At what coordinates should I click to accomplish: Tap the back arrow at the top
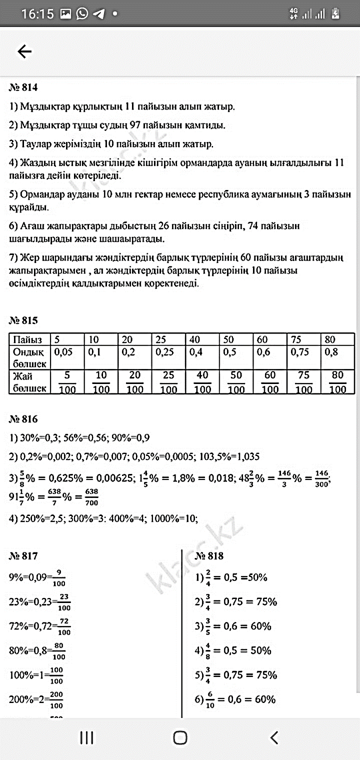(24, 51)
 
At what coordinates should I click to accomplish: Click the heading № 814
(23, 88)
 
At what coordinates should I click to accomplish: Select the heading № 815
(23, 320)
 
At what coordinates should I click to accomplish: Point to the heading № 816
(23, 419)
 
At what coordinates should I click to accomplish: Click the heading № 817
(23, 556)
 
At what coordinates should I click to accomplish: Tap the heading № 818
(209, 556)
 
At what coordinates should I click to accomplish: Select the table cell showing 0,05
(63, 352)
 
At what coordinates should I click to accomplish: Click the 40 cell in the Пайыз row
(195, 340)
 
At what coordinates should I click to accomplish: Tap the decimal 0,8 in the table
(331, 352)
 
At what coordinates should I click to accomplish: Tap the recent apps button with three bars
(87, 737)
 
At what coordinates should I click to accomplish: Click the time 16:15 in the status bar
(37, 14)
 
